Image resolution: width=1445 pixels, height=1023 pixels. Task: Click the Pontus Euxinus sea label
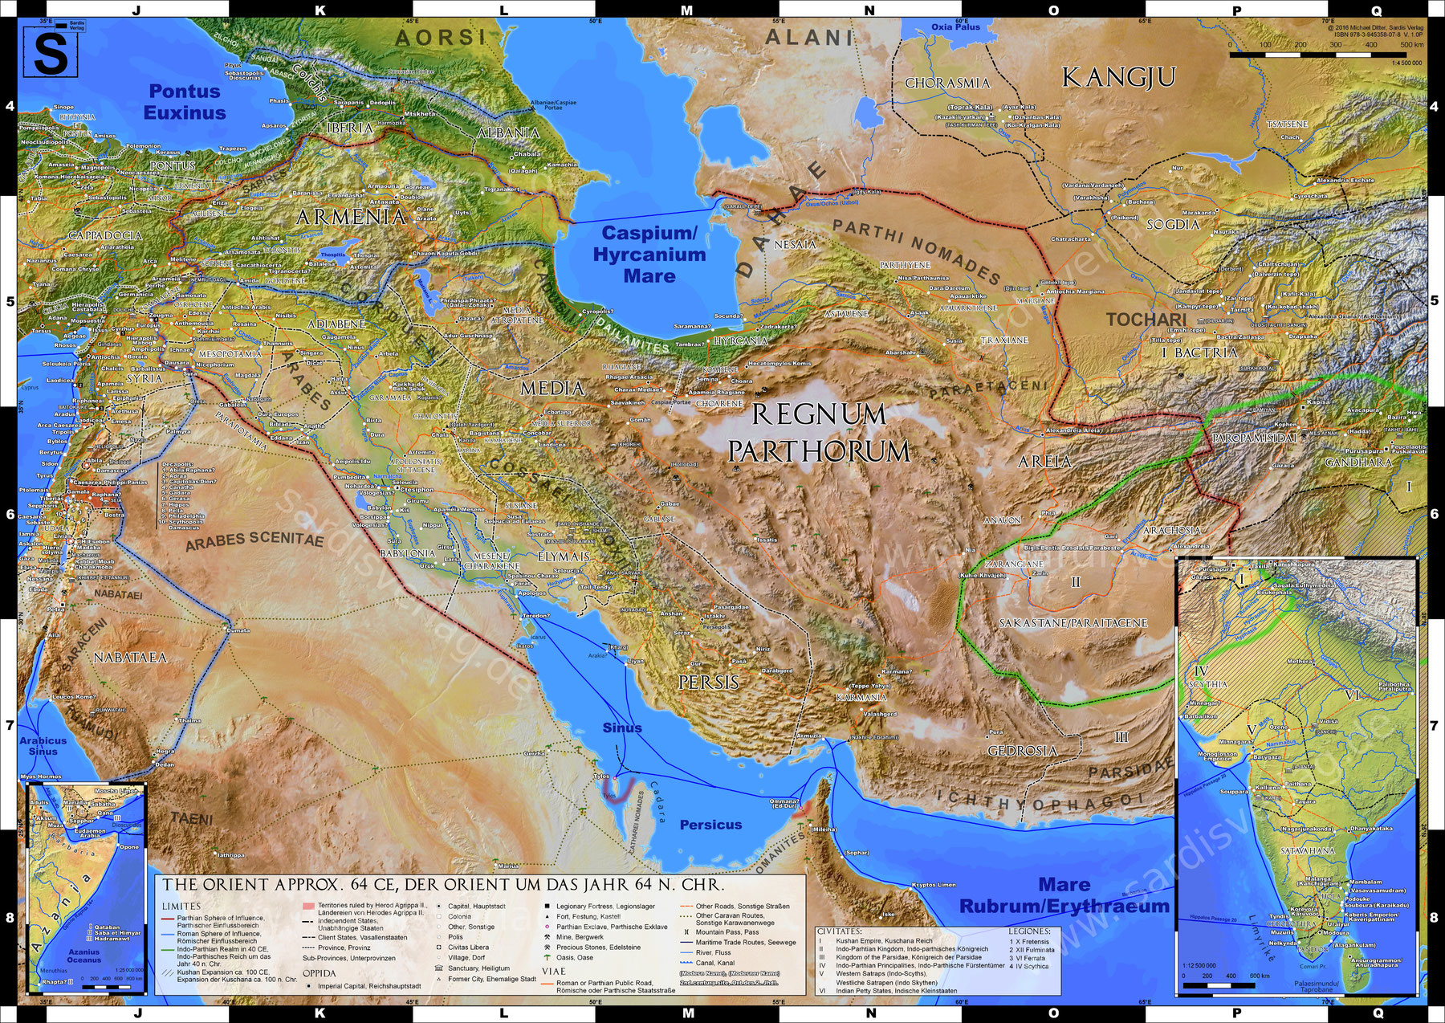click(x=185, y=102)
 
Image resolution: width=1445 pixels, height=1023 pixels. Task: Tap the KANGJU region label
click(x=1118, y=78)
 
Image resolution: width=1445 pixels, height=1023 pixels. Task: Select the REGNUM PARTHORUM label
click(x=819, y=433)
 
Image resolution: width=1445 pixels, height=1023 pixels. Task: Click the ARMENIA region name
click(x=351, y=217)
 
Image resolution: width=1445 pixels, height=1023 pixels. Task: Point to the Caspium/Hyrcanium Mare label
click(x=649, y=255)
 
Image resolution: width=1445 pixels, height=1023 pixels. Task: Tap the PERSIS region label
click(x=708, y=683)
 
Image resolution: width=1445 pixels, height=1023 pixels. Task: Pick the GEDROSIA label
click(x=1022, y=751)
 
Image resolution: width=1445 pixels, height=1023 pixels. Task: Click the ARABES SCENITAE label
click(x=254, y=540)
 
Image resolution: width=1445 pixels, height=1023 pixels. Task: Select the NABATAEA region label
click(x=130, y=658)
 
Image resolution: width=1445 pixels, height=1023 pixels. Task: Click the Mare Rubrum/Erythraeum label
click(x=1064, y=895)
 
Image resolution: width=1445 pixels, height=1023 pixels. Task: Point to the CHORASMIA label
click(x=947, y=83)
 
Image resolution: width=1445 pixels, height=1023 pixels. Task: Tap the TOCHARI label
click(x=1146, y=320)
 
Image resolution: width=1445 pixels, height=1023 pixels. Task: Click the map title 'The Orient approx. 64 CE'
click(x=443, y=885)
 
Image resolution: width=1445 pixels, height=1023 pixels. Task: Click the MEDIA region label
click(x=552, y=389)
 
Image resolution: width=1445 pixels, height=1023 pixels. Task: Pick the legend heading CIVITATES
click(x=840, y=931)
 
